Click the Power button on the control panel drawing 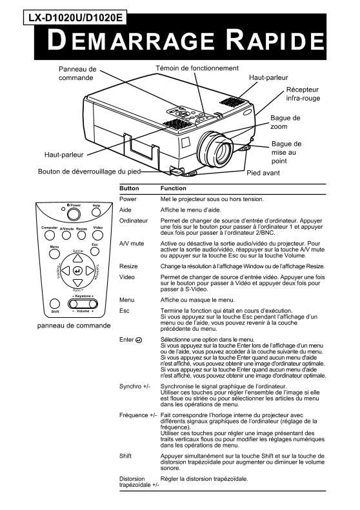tap(74, 215)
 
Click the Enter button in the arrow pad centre tap(78, 270)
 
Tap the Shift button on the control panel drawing tap(55, 303)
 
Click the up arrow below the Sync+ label tap(78, 257)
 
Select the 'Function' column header tap(174, 188)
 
